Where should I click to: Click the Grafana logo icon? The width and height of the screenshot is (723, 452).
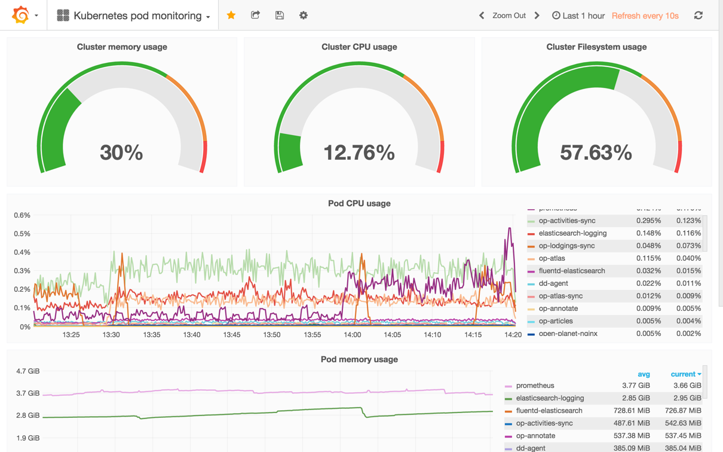coord(21,15)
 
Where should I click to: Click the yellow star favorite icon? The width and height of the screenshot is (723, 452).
coord(231,15)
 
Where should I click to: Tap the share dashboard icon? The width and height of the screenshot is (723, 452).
coord(255,15)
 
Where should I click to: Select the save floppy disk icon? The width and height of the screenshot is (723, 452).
coord(279,15)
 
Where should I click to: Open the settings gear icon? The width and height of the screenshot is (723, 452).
coord(304,15)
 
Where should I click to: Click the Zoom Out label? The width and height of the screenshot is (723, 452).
coord(509,16)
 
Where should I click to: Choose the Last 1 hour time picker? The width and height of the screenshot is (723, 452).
coord(578,16)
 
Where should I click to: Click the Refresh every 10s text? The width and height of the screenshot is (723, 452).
coord(645,16)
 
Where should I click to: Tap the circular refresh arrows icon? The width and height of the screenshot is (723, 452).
coord(699,15)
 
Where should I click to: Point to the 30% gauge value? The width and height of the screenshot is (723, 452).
coord(121,153)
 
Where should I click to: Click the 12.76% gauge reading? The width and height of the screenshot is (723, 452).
coord(359,153)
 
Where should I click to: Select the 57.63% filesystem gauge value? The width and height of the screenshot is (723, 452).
coord(596,153)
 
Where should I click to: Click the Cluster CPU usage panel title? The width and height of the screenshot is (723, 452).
coord(359,47)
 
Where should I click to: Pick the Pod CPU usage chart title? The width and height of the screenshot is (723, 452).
coord(359,203)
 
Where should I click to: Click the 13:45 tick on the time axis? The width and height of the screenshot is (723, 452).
coord(232,335)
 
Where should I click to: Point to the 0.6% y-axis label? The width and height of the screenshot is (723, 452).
coord(22,215)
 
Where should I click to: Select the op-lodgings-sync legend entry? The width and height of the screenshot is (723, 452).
coord(566,246)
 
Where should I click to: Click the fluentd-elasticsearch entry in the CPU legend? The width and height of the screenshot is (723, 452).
coord(571,271)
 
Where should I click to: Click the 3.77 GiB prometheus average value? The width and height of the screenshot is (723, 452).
coord(636,386)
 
